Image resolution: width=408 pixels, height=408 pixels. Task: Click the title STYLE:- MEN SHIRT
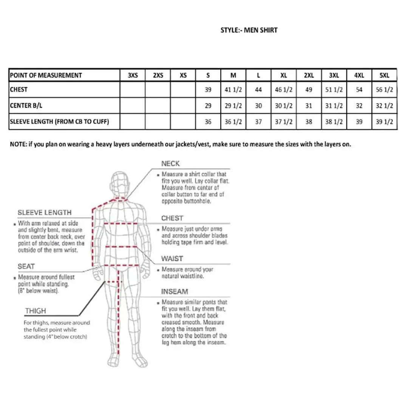(x=249, y=30)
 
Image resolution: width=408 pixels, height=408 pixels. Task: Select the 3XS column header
(x=133, y=75)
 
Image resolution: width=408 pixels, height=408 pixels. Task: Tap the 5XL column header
(x=384, y=75)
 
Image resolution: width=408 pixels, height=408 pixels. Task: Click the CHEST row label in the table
(x=19, y=90)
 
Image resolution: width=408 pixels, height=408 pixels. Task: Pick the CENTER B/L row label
(x=26, y=106)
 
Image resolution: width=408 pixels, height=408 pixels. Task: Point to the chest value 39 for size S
(x=208, y=90)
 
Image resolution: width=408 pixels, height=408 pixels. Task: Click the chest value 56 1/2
(x=384, y=90)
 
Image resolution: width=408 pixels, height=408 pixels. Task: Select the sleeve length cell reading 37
(x=258, y=122)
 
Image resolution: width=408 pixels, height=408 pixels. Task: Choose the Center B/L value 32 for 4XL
(x=359, y=106)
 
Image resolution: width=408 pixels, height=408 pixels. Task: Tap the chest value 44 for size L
(x=258, y=90)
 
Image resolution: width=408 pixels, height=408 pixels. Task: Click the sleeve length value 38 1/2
(x=334, y=122)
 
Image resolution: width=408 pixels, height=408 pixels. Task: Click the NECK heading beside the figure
(x=170, y=164)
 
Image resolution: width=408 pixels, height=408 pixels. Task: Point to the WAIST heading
(x=172, y=259)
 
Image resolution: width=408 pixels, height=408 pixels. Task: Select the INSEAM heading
(x=174, y=292)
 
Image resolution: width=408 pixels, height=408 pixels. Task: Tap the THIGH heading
(x=36, y=311)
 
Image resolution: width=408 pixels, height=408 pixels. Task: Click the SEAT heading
(x=26, y=266)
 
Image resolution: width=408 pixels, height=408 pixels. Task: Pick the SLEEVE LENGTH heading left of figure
(x=45, y=213)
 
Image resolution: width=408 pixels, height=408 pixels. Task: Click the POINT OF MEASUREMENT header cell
(x=46, y=75)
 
